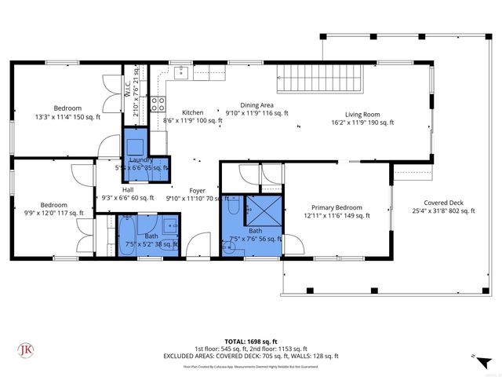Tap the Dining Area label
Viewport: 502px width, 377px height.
tap(256, 104)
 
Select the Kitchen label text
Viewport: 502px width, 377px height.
tap(192, 113)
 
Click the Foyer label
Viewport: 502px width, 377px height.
tap(196, 189)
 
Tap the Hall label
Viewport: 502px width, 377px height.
tap(126, 189)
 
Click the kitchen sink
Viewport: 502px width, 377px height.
tap(181, 73)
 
